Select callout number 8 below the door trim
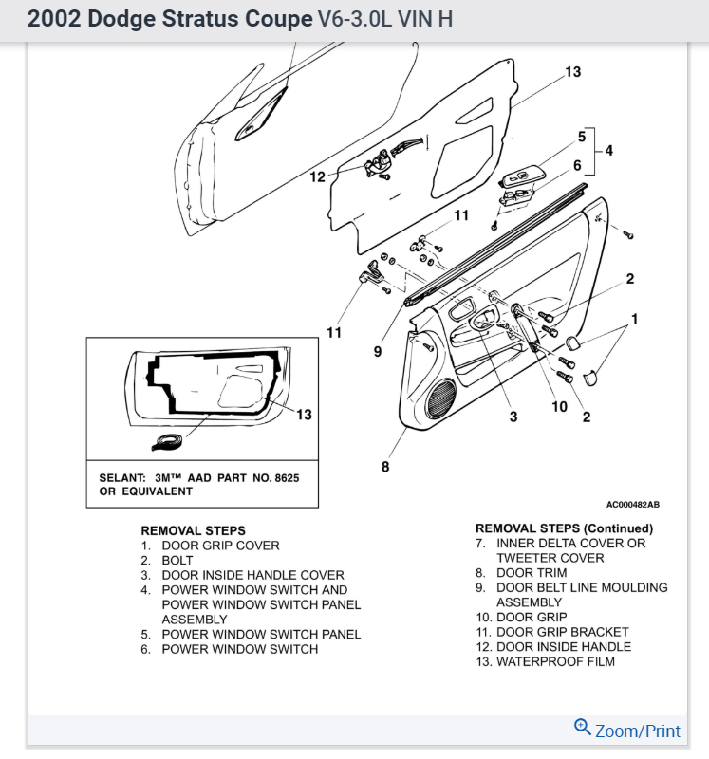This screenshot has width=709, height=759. click(385, 466)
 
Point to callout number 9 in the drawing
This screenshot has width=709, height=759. click(377, 351)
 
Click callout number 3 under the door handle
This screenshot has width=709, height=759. click(513, 417)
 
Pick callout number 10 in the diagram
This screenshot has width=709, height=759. click(559, 406)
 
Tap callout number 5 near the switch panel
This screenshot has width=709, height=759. click(582, 137)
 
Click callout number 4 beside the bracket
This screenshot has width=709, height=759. click(608, 150)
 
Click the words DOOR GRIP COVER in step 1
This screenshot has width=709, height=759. click(220, 546)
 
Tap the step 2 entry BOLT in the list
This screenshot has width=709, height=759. click(177, 561)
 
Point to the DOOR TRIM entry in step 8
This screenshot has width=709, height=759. click(532, 573)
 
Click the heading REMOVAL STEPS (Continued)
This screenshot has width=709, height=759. click(564, 528)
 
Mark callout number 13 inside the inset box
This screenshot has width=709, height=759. click(304, 415)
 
